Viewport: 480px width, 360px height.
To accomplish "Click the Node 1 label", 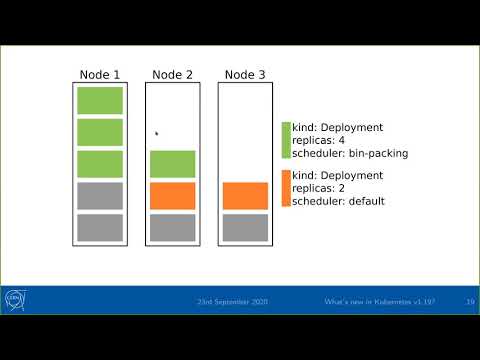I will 99,74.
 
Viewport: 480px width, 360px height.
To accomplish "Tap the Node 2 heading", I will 172,74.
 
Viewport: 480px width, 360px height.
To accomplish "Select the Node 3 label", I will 245,74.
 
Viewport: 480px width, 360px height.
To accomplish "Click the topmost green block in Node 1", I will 100,100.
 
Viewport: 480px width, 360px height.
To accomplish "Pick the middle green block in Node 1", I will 100,132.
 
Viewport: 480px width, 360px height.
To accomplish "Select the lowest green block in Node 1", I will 100,164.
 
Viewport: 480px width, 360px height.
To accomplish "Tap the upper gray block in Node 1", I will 100,196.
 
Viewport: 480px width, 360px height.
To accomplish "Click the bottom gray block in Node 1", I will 100,227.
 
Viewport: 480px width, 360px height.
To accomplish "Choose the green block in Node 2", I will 172,164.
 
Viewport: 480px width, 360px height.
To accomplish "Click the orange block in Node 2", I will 172,196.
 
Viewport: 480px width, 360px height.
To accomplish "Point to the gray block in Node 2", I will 172,227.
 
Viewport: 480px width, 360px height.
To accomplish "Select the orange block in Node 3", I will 245,196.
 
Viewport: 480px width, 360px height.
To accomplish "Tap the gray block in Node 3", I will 245,227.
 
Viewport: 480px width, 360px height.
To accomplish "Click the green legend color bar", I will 286,141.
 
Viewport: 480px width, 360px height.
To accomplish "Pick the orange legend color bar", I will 286,188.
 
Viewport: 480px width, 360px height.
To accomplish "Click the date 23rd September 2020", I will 233,301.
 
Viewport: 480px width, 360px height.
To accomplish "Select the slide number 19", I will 469,301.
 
